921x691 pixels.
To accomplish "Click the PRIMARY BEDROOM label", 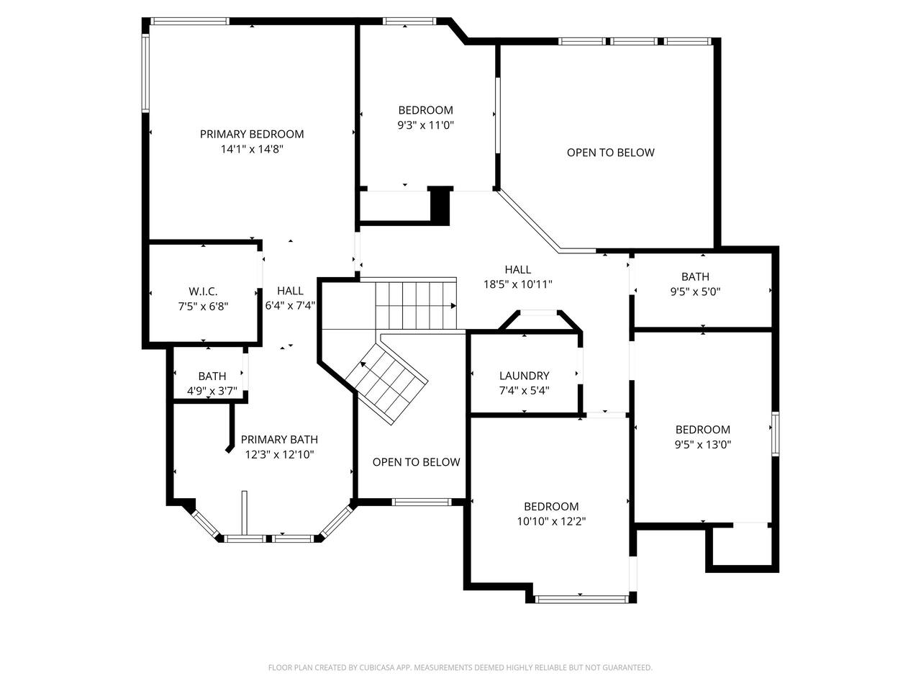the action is pos(252,135).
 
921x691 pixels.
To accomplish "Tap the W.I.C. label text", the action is pos(203,292).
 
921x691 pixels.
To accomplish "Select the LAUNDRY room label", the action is pos(524,376).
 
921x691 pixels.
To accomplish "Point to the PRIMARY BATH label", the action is pos(279,439).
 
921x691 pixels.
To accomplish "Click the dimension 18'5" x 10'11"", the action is pos(518,284).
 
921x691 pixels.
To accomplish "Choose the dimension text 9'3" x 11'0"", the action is pos(426,125).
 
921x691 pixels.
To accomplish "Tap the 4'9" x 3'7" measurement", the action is pos(212,391).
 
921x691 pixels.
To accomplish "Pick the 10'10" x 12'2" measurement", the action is pos(551,521).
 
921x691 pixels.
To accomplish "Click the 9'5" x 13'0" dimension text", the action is pos(703,444).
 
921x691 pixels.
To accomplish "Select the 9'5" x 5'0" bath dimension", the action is pos(695,292).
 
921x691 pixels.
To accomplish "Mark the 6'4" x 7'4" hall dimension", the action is pos(290,305).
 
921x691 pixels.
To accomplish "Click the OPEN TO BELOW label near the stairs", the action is pos(416,462).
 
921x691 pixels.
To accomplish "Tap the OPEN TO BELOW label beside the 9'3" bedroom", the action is pos(610,153).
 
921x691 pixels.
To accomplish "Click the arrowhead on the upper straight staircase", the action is pos(453,306).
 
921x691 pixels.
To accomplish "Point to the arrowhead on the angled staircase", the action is pos(363,364).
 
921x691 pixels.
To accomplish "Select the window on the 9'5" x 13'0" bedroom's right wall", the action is pos(776,434).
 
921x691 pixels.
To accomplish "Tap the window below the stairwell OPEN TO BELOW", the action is pos(422,502).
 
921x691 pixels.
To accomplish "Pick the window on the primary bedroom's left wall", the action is pos(145,73).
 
